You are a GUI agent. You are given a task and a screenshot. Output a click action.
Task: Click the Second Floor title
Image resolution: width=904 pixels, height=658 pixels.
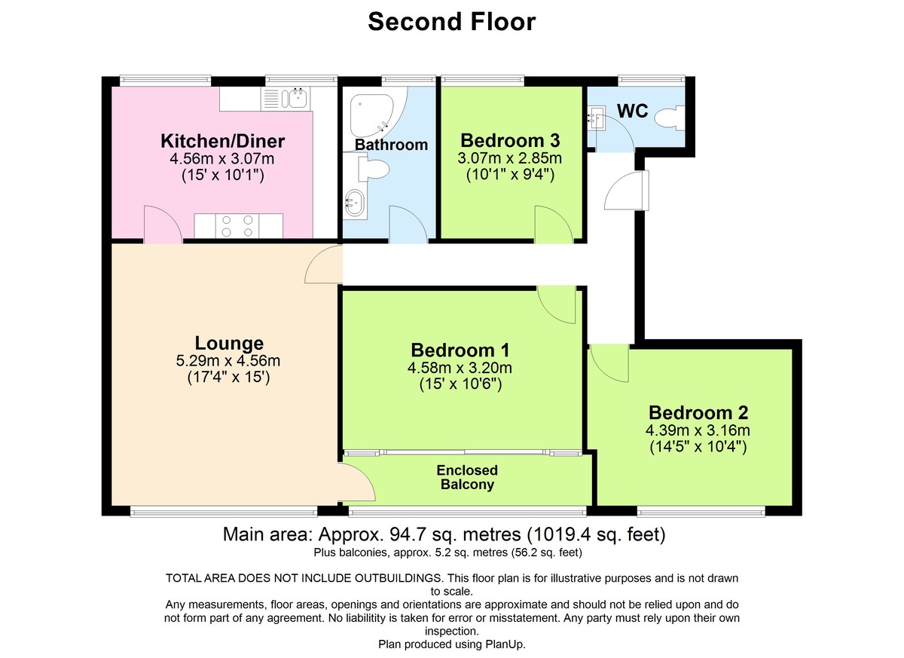pos(451,22)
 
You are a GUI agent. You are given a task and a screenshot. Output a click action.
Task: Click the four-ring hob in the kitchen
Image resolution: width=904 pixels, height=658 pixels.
pos(238,225)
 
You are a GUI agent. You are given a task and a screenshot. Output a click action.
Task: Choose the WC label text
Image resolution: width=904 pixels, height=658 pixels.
pos(633,111)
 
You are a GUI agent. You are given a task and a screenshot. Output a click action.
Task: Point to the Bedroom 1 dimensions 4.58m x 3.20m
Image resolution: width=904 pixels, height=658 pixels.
pos(460,368)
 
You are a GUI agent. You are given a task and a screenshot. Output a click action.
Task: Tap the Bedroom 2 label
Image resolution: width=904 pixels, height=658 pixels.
pos(698,412)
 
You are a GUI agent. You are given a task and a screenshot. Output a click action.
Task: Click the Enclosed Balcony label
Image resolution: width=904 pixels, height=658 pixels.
pos(467,477)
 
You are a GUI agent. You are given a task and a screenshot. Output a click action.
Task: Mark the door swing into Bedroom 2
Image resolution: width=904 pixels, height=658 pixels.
pos(609,364)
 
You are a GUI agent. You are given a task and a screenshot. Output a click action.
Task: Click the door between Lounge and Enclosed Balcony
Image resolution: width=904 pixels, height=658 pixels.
pos(356,482)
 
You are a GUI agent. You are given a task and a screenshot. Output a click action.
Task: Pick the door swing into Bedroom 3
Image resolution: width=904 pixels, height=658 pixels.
pos(553,223)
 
